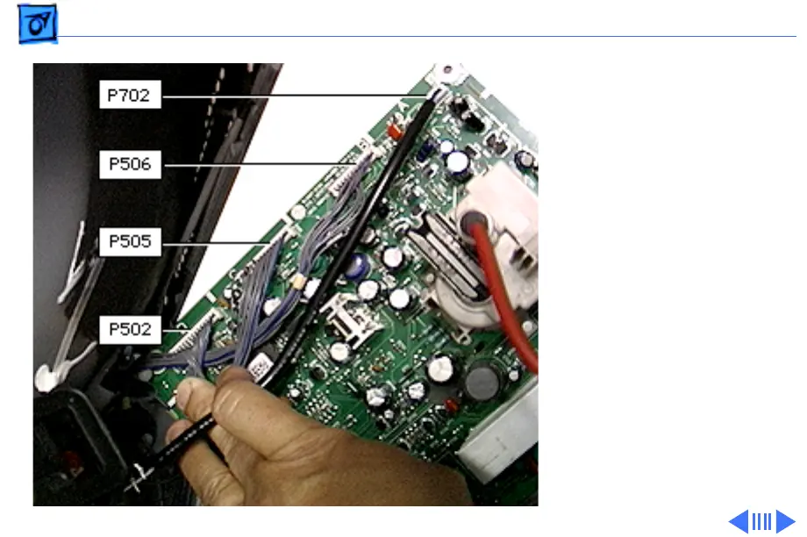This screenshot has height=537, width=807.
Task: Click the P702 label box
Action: tap(130, 94)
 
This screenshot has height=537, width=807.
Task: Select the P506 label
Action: tap(130, 164)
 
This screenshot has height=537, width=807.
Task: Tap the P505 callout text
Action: tap(130, 242)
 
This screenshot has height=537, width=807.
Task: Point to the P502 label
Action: tap(130, 330)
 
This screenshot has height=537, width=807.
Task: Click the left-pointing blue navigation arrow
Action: tap(739, 521)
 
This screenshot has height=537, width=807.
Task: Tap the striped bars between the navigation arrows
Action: tap(761, 521)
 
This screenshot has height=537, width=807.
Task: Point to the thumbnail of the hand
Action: tap(289, 439)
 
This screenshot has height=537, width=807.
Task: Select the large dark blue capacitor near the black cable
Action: tap(356, 266)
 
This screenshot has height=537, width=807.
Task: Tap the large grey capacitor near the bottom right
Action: tap(482, 381)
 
